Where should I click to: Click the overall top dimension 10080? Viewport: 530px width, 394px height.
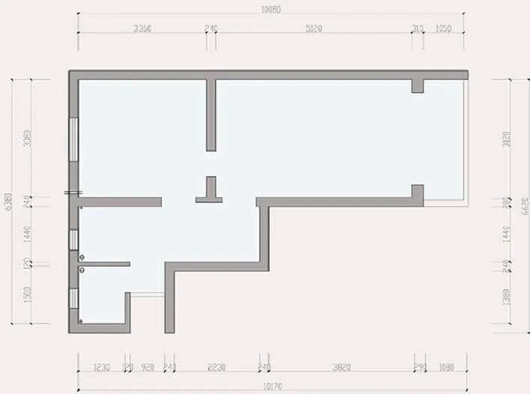(x=271, y=10)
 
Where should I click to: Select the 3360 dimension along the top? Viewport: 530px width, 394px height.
(x=142, y=28)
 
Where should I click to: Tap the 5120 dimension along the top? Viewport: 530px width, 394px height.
(x=313, y=28)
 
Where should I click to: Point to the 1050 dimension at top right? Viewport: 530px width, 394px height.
(x=443, y=28)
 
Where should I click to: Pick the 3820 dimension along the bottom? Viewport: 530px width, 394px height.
(x=341, y=368)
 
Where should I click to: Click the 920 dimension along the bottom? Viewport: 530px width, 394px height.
(x=148, y=368)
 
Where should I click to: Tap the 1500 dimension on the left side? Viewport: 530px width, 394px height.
(x=27, y=295)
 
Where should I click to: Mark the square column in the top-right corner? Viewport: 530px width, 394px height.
(x=417, y=85)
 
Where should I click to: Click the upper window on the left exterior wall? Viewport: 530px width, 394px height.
(x=73, y=139)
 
